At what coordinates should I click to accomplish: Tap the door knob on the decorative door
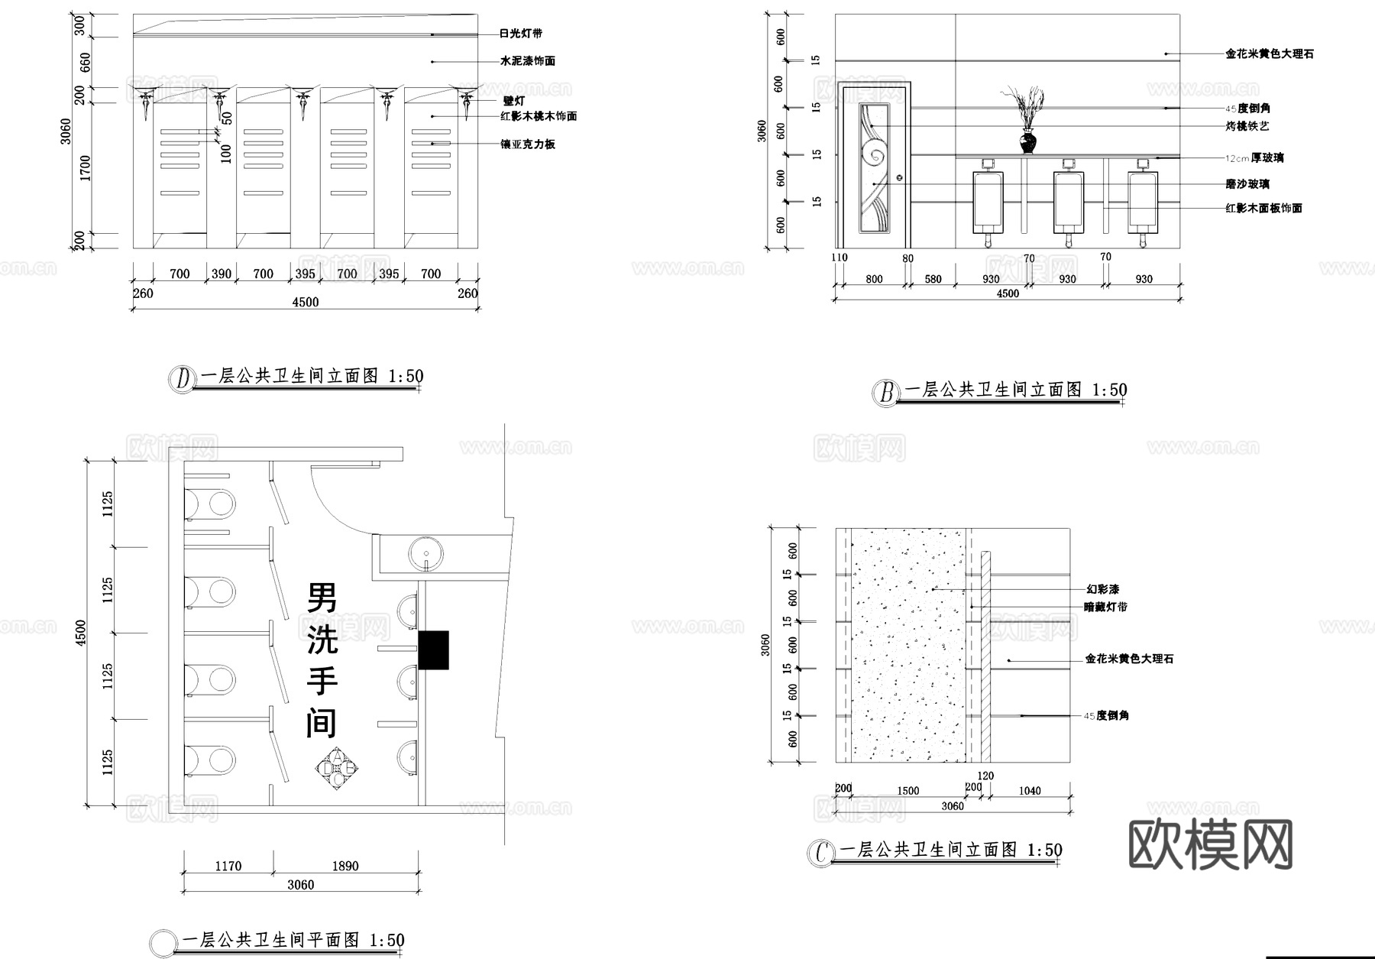coord(899,177)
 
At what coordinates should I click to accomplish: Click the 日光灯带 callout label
coord(520,34)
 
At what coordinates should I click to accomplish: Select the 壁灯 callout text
coord(513,101)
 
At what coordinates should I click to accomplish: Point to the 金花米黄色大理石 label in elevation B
coord(1270,54)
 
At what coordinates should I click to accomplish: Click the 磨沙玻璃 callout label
coord(1247,184)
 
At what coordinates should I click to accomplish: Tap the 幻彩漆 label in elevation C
coord(1102,590)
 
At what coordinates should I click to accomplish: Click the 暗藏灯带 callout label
coord(1105,607)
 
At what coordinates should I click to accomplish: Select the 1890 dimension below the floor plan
coord(345,866)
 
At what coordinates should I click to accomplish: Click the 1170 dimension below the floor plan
coord(228,866)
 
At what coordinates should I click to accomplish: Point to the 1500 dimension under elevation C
coord(907,791)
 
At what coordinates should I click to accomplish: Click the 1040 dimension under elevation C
coord(1029,791)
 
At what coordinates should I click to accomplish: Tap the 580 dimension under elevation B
coord(933,280)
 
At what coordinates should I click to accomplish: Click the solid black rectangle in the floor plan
coord(433,650)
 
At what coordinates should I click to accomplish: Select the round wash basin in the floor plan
coord(425,553)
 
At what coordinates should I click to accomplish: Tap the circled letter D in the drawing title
coord(183,379)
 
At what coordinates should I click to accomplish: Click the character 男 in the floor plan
coord(322,598)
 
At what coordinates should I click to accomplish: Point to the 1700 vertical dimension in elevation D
coord(86,168)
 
